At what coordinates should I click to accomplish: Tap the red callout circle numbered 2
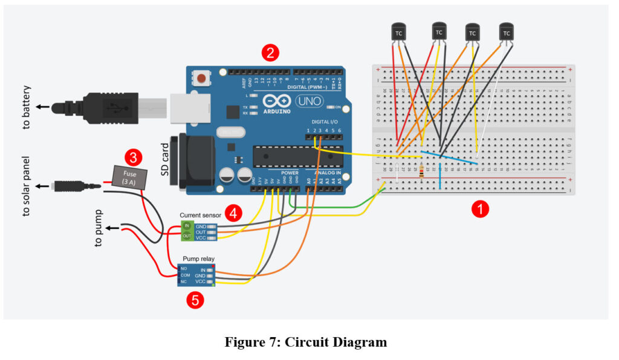point(270,53)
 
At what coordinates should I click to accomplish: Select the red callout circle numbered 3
point(134,158)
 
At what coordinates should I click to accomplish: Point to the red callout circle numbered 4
point(233,213)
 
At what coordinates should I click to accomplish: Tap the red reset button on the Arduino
point(201,79)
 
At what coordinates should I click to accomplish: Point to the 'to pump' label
point(99,228)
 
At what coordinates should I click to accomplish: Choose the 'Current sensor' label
point(201,214)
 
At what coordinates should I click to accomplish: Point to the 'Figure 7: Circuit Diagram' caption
point(306,342)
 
